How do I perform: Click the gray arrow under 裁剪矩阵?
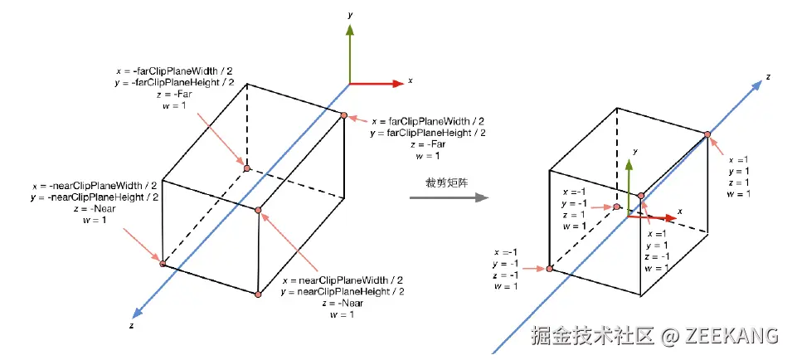(x=448, y=198)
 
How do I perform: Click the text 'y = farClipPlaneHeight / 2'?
(x=428, y=133)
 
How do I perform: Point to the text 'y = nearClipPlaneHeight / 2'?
(x=343, y=291)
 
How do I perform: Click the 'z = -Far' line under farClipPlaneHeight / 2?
(x=428, y=144)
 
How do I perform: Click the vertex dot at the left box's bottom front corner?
(x=259, y=294)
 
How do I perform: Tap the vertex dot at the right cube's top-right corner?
(x=707, y=134)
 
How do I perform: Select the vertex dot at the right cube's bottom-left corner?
(x=549, y=269)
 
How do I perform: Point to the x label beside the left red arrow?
(x=411, y=81)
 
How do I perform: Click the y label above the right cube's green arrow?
(x=634, y=152)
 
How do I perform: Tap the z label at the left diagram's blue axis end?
(x=132, y=327)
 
